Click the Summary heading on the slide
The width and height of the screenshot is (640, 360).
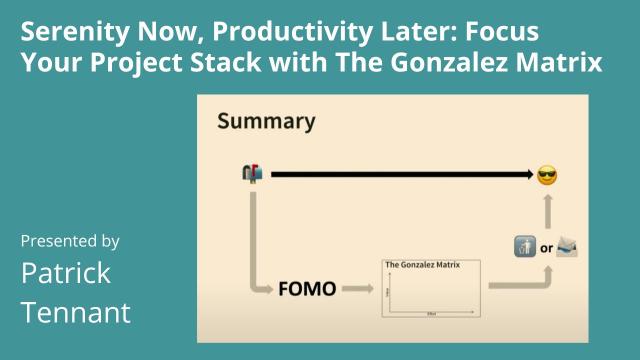pyautogui.click(x=266, y=123)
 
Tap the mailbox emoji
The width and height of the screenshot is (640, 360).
pyautogui.click(x=252, y=174)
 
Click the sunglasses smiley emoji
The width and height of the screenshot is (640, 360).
pyautogui.click(x=547, y=175)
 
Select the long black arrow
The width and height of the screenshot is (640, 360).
pyautogui.click(x=400, y=175)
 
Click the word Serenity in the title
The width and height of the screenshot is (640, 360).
pyautogui.click(x=71, y=31)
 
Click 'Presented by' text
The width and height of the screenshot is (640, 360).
pyautogui.click(x=70, y=241)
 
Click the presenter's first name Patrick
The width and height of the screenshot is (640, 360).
pyautogui.click(x=66, y=272)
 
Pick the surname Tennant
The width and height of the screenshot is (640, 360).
pyautogui.click(x=76, y=312)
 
